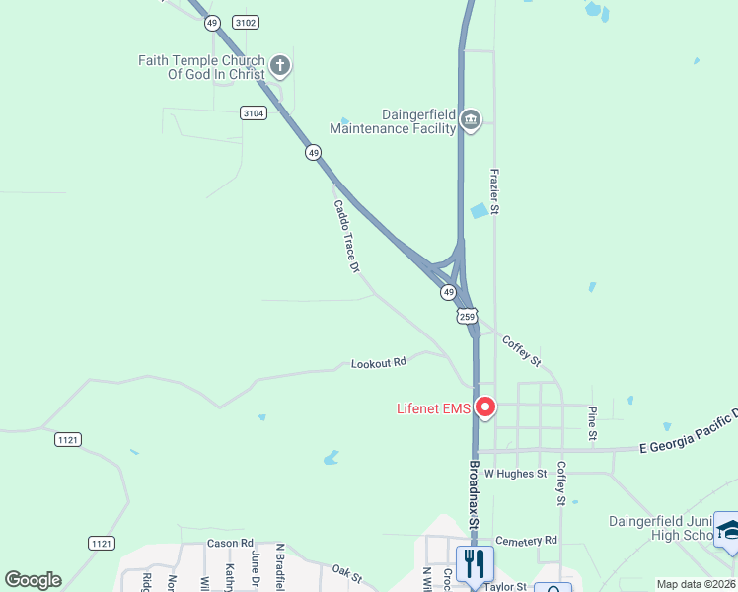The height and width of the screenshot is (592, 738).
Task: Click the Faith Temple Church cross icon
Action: (x=280, y=67)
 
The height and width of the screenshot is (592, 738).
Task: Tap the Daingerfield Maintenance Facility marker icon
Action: (x=470, y=120)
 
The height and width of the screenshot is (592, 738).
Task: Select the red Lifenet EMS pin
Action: (x=484, y=407)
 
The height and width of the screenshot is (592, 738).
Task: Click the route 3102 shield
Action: (x=246, y=22)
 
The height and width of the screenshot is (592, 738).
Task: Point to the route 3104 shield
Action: (x=253, y=113)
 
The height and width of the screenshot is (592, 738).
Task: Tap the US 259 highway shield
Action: (x=467, y=317)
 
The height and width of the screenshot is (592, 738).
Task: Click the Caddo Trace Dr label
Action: (x=345, y=237)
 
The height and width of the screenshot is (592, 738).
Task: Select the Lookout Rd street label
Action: (x=379, y=363)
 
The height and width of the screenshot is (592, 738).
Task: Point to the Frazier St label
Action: (x=495, y=191)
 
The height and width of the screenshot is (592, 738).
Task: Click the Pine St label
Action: (x=592, y=422)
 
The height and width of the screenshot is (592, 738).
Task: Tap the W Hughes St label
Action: (x=515, y=474)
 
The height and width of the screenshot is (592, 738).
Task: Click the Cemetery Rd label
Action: (x=527, y=540)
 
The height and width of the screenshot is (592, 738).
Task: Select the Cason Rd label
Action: (x=231, y=544)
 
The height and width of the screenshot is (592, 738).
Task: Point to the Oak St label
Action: (x=347, y=572)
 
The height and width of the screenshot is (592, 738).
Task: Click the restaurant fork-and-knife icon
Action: (x=475, y=563)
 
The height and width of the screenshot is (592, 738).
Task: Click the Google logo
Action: (x=33, y=580)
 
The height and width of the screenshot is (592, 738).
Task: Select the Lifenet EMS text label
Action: (x=432, y=407)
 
